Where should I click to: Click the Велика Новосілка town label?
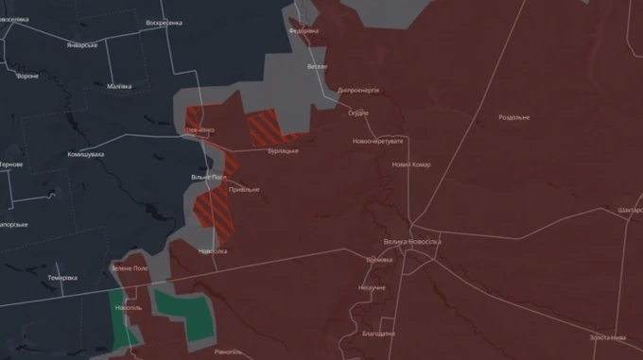pos(411,241)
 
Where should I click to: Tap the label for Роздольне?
pos(514,117)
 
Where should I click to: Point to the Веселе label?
pos(318,67)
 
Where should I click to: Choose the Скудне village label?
pos(358,113)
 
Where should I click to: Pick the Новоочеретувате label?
pos(377,141)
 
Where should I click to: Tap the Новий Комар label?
pos(410,164)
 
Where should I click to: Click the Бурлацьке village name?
pos(283,150)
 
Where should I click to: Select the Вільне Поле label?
pos(206,177)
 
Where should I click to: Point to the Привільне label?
pos(243,189)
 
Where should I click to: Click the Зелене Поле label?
pos(130,268)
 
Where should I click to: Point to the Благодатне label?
pos(378,333)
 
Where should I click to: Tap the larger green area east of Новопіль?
pos(185,314)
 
